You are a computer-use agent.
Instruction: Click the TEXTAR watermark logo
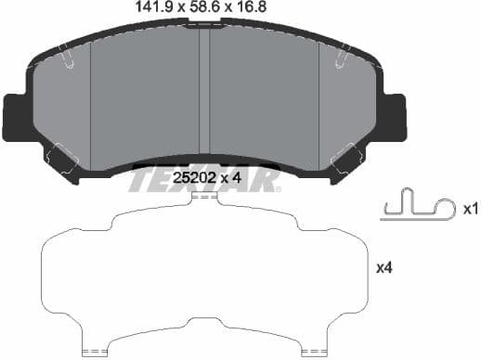click(205, 180)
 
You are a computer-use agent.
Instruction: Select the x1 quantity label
click(470, 211)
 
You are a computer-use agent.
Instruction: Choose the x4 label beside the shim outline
click(384, 268)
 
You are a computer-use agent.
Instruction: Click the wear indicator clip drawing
click(417, 205)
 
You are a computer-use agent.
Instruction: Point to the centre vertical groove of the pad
click(205, 93)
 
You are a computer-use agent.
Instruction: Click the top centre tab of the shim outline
click(203, 196)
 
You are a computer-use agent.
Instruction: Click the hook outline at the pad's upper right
click(338, 59)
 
